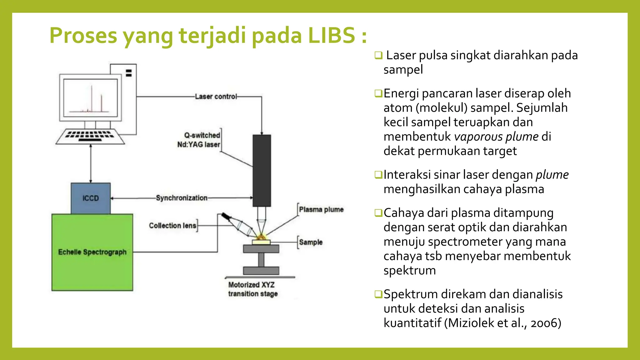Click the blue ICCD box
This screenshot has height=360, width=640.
(x=91, y=198)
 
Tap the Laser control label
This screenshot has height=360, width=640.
(x=216, y=97)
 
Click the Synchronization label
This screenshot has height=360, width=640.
(x=182, y=198)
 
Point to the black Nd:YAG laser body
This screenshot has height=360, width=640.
(x=262, y=170)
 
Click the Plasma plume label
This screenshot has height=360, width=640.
(x=321, y=209)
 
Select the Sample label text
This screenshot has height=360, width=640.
(x=311, y=242)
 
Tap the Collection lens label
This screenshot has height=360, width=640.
(x=172, y=226)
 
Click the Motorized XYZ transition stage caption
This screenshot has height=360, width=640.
(x=252, y=289)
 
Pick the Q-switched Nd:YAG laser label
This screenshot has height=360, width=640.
(x=199, y=140)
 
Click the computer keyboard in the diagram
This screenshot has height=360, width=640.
(x=90, y=136)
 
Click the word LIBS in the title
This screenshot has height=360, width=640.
(x=331, y=35)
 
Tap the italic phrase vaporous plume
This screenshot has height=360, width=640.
(x=496, y=137)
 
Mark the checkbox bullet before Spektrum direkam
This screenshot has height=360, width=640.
(x=378, y=294)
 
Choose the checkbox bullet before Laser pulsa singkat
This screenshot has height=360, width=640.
(x=378, y=55)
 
